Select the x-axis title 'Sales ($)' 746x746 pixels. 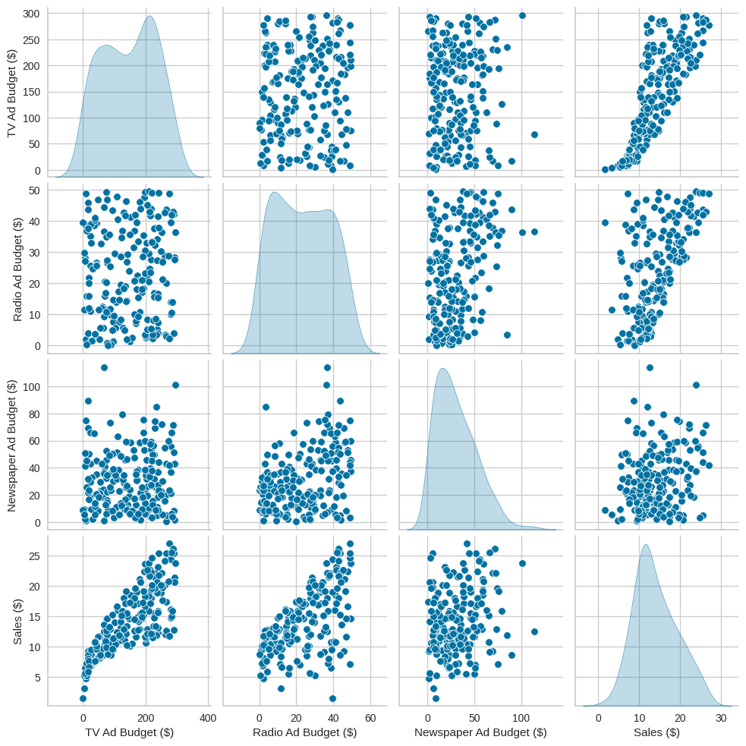656,732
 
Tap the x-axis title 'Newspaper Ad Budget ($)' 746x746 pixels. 480,732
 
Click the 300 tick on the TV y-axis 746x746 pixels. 31,14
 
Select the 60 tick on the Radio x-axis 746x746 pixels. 370,717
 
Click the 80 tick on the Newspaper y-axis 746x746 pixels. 34,414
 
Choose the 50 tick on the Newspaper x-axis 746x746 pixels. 474,717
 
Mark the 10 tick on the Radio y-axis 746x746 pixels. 34,314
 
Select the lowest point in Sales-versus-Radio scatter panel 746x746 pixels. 332,698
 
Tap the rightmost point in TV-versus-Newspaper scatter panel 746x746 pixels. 534,134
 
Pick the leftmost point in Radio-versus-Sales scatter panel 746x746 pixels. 605,222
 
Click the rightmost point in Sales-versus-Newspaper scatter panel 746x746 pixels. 534,631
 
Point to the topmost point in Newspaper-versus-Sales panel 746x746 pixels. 650,368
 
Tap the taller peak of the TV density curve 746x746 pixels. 150,16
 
